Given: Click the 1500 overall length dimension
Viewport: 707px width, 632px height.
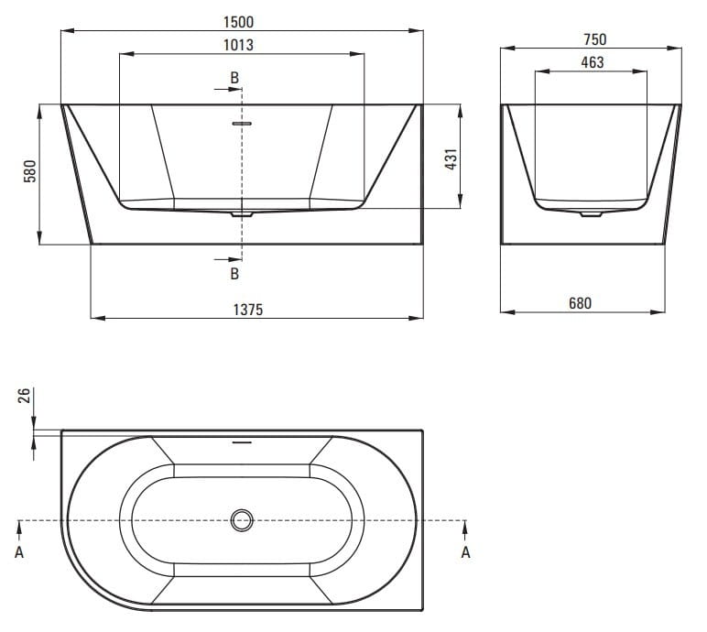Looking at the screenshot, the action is pos(238,22).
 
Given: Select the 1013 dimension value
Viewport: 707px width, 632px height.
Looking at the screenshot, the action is pos(238,45).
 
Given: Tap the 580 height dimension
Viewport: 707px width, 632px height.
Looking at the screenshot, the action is pos(29,171).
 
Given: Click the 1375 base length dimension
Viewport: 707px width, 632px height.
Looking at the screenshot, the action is pos(248,310).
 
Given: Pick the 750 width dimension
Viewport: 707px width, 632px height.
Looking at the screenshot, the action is pos(595,39).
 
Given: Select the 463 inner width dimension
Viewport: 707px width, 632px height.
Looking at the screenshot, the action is pos(593,62).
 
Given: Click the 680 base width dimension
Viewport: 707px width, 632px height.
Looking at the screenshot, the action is pos(580,303).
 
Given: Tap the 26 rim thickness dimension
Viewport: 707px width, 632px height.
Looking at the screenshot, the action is pos(25,395).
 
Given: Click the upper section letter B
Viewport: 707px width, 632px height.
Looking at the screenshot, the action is pos(234,78).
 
